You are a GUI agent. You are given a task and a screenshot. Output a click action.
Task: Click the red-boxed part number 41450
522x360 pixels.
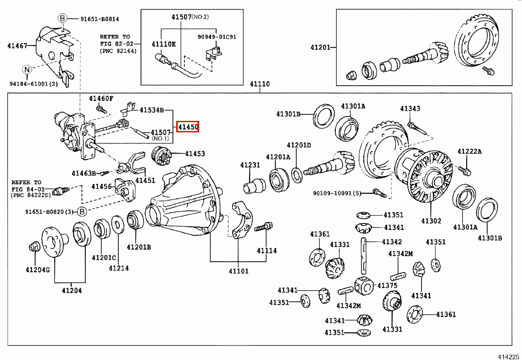[188, 127]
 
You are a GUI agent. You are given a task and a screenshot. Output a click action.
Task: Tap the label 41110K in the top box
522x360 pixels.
[164, 44]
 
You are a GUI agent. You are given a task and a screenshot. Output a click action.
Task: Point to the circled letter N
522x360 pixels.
[27, 69]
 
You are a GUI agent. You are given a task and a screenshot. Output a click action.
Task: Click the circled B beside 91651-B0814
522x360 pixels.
[62, 18]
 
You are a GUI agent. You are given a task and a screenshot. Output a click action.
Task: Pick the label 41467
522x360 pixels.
[17, 45]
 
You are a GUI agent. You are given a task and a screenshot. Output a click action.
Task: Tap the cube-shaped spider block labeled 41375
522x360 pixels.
[363, 286]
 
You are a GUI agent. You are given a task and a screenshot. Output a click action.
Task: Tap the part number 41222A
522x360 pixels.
[469, 151]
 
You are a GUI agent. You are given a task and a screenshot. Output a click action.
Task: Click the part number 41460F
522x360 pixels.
[101, 98]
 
